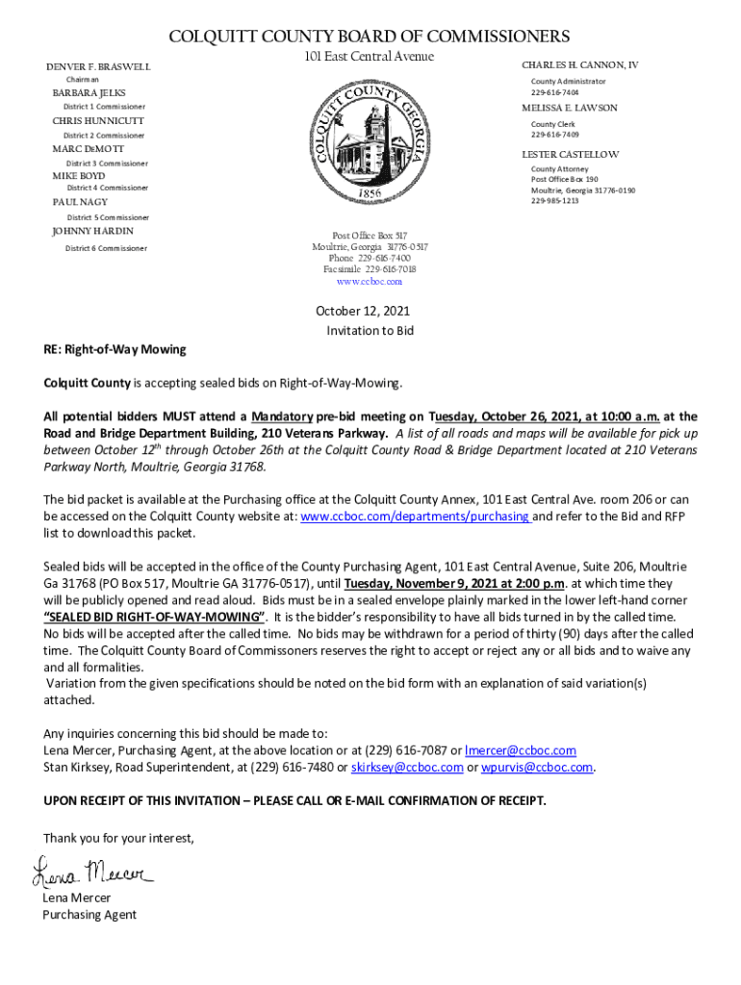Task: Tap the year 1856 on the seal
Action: click(x=370, y=193)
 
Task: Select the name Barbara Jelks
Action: click(x=89, y=93)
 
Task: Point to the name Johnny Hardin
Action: click(x=92, y=232)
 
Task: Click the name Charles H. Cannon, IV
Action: click(x=580, y=65)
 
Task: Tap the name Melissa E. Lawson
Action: click(x=570, y=109)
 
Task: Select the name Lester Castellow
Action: click(x=571, y=155)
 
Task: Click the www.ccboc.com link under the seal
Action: click(x=370, y=283)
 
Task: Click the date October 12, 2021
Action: click(x=363, y=312)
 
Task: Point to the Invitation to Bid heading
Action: click(x=370, y=330)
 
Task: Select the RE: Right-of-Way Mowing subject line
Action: click(x=115, y=349)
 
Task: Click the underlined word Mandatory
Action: click(x=282, y=417)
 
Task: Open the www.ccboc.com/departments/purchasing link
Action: click(x=416, y=517)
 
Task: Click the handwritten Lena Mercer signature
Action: click(x=93, y=872)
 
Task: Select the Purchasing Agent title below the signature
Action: click(x=89, y=915)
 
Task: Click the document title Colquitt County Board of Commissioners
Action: click(x=370, y=37)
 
